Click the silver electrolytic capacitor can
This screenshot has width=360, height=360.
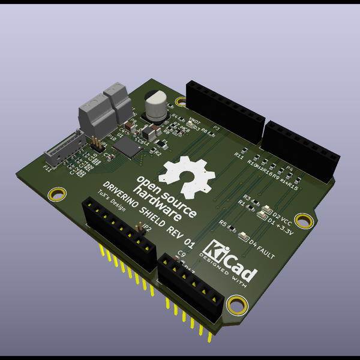[157, 106]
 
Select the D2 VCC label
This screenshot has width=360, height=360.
[282, 215]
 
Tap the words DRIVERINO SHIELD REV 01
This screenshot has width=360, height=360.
[148, 213]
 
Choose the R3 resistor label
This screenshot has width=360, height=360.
[247, 197]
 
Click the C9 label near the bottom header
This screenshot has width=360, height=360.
[182, 253]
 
